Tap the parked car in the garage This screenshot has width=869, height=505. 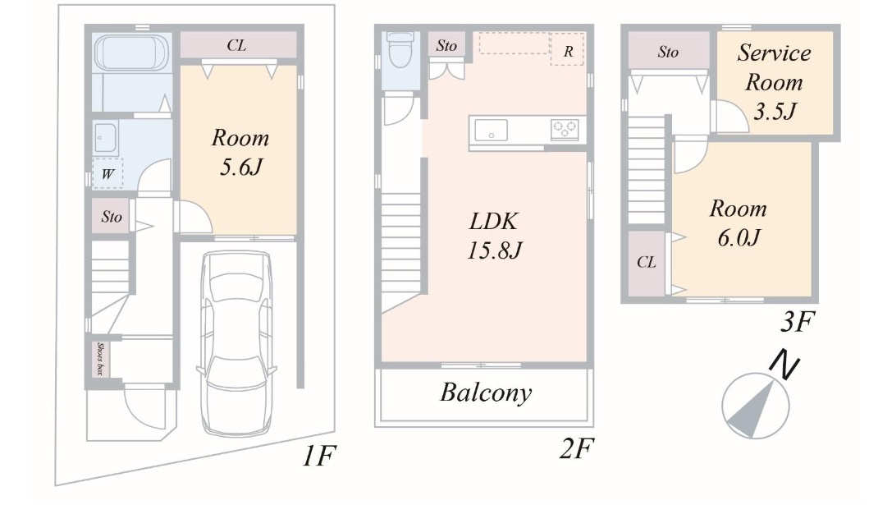(x=237, y=343)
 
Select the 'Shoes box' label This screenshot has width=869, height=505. (x=100, y=359)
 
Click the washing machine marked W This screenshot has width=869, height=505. (x=107, y=174)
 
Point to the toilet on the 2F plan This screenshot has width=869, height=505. (x=400, y=48)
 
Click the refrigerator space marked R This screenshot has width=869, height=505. (x=567, y=49)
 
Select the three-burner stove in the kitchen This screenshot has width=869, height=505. (x=565, y=130)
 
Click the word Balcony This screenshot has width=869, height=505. (x=486, y=393)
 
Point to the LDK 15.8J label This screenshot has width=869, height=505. (x=494, y=236)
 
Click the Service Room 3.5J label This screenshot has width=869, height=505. (x=775, y=82)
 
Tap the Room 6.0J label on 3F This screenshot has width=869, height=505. (x=739, y=223)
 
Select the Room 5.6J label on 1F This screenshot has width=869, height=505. (x=240, y=152)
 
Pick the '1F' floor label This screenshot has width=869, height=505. (x=319, y=457)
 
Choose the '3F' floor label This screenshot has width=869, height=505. (x=798, y=322)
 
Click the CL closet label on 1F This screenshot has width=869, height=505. (x=236, y=45)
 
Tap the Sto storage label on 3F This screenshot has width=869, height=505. (x=669, y=52)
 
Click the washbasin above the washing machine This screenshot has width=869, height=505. (x=105, y=137)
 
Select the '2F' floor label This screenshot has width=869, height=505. (x=576, y=448)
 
